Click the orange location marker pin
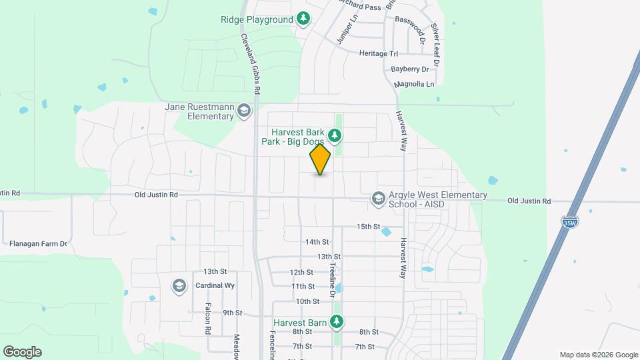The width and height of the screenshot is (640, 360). click(x=320, y=159)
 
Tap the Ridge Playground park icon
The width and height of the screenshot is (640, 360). click(x=304, y=19)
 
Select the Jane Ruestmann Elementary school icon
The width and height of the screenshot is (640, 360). click(x=244, y=111)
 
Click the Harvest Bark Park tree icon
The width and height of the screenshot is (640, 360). click(x=335, y=137)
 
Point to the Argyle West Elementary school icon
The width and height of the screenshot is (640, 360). click(x=378, y=199)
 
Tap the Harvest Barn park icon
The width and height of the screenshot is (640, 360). click(x=337, y=323)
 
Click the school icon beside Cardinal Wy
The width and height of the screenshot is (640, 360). click(x=179, y=286)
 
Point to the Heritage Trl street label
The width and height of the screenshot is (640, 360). click(x=378, y=53)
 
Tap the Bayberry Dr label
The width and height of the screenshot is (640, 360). click(x=410, y=69)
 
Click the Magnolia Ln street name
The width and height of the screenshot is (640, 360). click(x=414, y=85)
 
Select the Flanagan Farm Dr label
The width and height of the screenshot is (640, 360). click(x=39, y=244)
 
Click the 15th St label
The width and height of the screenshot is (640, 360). click(x=368, y=227)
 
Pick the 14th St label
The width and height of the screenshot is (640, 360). click(x=317, y=241)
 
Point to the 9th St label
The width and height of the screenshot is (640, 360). click(x=232, y=313)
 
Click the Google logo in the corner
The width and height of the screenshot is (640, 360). click(x=22, y=352)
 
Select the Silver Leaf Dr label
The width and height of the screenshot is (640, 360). click(x=436, y=44)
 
